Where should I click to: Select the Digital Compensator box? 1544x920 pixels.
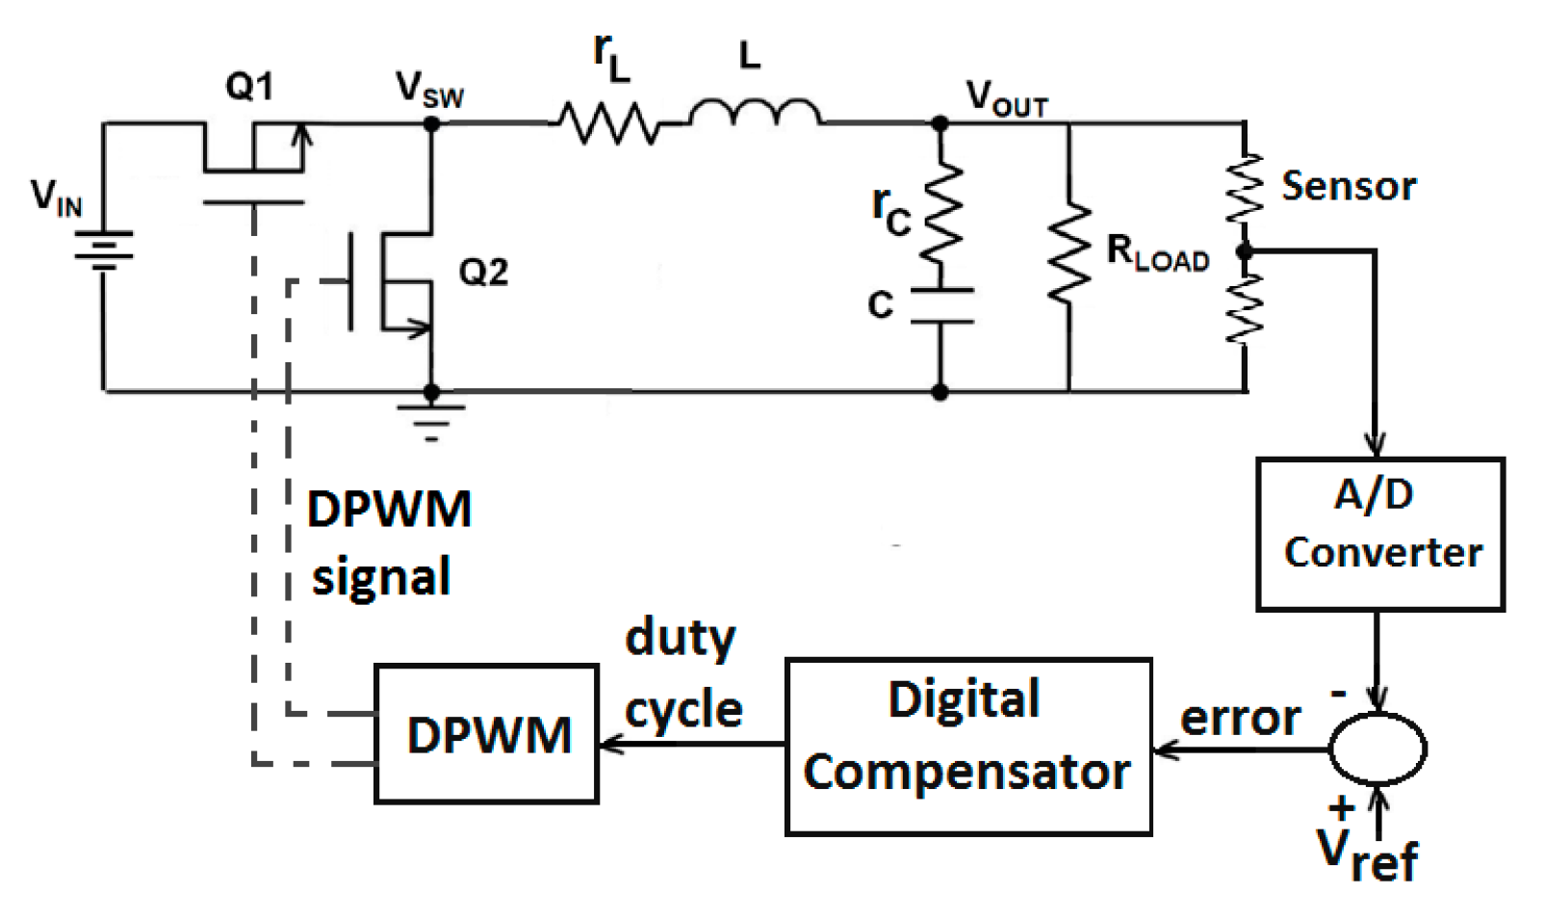click(967, 746)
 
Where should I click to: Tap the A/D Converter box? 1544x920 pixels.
click(1379, 533)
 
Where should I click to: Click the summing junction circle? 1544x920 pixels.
click(1377, 749)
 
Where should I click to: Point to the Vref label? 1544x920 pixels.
click(1367, 854)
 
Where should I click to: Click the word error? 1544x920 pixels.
click(1240, 718)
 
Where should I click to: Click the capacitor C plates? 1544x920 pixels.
click(940, 305)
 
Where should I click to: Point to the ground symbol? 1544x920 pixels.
click(431, 417)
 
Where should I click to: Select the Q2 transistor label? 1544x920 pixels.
click(482, 273)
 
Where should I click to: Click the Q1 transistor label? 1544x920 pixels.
click(249, 87)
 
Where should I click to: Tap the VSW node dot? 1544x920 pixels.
click(431, 123)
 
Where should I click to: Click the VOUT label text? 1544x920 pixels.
click(1006, 96)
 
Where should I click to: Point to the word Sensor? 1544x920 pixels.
click(1348, 186)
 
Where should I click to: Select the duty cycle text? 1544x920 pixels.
click(682, 674)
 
